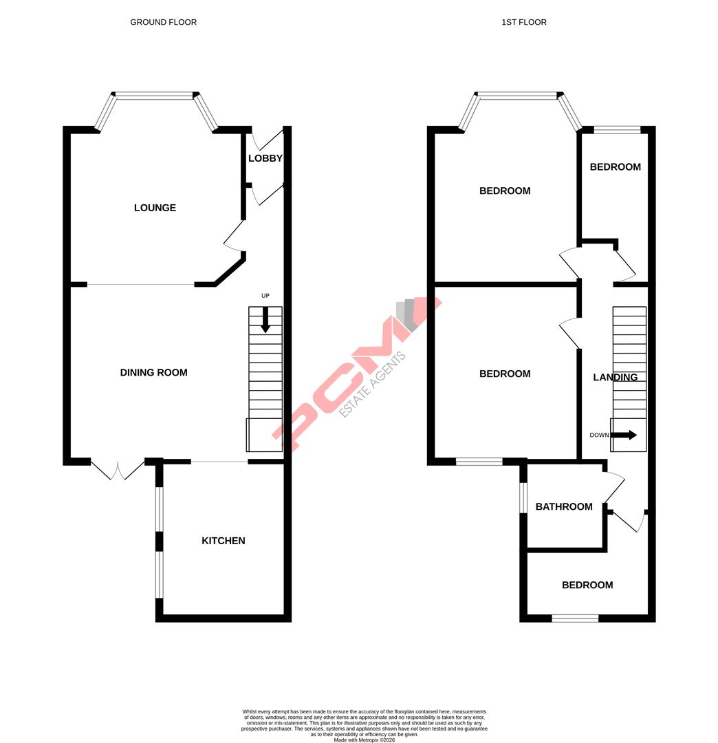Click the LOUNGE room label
(x=155, y=208)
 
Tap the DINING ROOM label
(x=153, y=373)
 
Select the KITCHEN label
(x=223, y=541)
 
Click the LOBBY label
(x=265, y=158)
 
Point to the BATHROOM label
(x=563, y=507)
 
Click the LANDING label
(x=615, y=378)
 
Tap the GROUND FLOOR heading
(x=163, y=22)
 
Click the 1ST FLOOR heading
(x=523, y=22)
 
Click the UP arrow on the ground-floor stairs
(x=265, y=319)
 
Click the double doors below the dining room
(x=118, y=469)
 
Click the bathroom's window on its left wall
(x=523, y=497)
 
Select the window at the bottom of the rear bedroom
(x=575, y=618)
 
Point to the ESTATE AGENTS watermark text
(x=372, y=385)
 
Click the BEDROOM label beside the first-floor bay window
(x=505, y=191)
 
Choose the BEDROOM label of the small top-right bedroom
(x=615, y=167)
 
